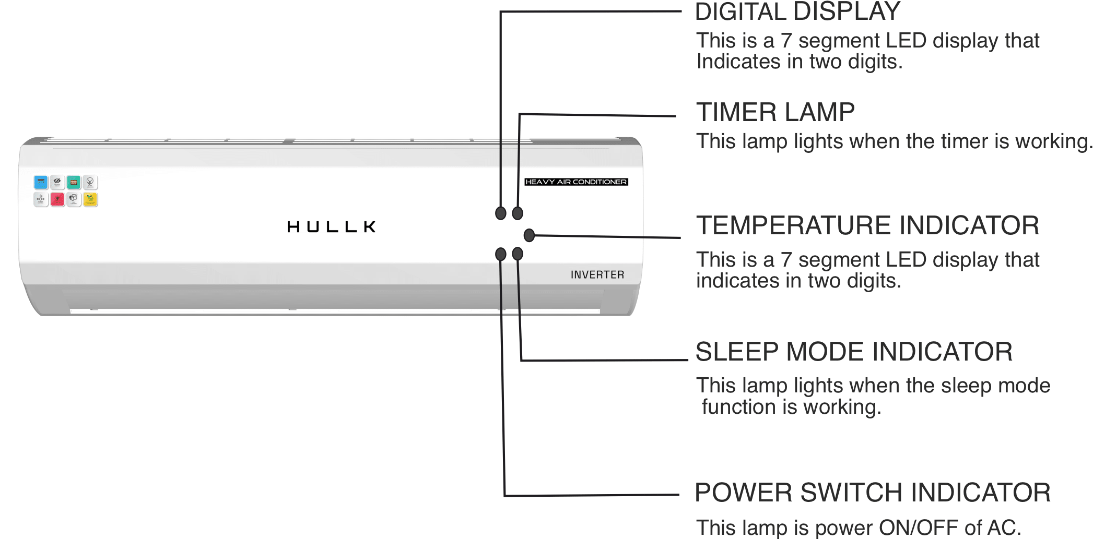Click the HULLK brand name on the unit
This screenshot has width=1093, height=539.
331,226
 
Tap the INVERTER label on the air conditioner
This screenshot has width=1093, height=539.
597,275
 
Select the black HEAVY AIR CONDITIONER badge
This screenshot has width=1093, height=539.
576,182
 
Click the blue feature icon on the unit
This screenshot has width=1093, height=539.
41,182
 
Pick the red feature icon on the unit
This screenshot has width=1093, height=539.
57,199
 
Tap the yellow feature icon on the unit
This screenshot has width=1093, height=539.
90,199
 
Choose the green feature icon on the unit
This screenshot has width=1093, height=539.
74,182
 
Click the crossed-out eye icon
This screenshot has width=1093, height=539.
57,182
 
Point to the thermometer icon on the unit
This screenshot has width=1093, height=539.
40,199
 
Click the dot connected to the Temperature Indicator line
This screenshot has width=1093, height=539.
529,235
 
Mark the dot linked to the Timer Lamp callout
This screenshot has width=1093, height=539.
518,213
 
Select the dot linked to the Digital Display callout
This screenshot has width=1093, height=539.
500,213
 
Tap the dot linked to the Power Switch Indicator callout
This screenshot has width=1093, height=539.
500,254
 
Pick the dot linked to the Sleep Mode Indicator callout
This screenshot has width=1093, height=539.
518,254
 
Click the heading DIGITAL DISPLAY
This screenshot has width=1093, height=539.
797,11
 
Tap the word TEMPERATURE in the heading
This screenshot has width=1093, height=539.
794,225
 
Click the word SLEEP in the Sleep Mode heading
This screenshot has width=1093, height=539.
737,352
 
